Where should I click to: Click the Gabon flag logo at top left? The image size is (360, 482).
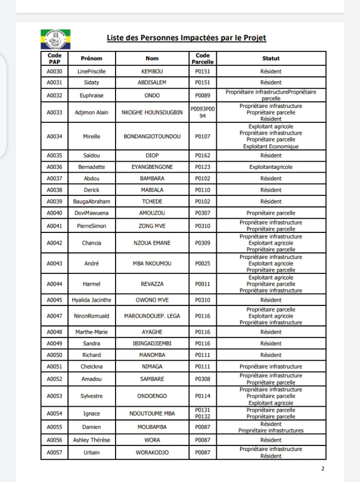(x=55, y=39)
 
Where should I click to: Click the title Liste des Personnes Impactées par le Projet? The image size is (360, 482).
(x=186, y=38)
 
